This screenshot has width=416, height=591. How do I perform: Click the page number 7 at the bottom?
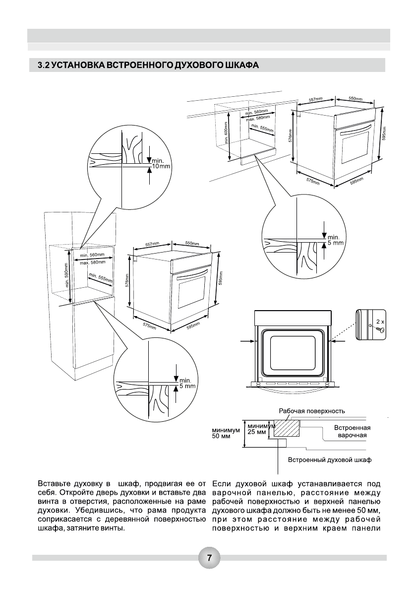pos(209,557)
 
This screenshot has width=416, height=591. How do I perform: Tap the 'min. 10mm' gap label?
pos(161,164)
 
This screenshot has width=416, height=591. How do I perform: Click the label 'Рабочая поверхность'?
pos(311,411)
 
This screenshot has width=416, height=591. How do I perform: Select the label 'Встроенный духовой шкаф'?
pos(330,460)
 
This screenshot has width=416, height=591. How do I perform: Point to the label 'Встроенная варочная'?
pos(353,431)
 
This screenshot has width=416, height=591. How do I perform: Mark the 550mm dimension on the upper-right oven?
pos(356,99)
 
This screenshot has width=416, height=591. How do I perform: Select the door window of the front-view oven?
pos(292,352)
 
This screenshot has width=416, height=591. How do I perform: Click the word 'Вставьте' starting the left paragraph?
pos(54,483)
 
